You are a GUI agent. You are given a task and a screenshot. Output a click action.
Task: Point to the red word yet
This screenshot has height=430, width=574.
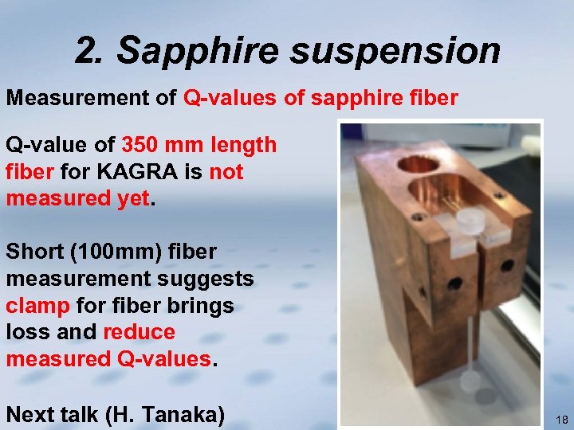(132, 198)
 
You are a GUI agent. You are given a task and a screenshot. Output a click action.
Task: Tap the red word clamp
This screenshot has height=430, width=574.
(38, 306)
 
